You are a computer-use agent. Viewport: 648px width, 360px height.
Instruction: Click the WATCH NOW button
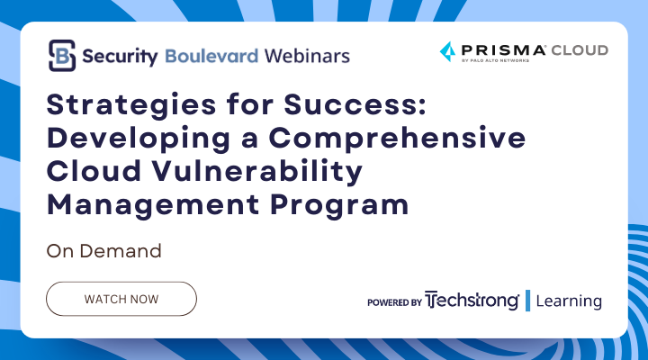(121, 298)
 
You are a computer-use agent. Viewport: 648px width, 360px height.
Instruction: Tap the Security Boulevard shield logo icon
(61, 55)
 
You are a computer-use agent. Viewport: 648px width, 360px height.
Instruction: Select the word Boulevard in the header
(211, 56)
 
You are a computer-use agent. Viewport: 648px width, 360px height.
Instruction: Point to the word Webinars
(307, 56)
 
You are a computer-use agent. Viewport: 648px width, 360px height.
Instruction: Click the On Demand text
(103, 251)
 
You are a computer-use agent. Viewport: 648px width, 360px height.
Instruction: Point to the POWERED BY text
(394, 302)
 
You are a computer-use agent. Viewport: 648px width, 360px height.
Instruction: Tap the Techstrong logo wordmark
(472, 301)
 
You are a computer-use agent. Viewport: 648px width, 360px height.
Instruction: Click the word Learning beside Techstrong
(569, 301)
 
